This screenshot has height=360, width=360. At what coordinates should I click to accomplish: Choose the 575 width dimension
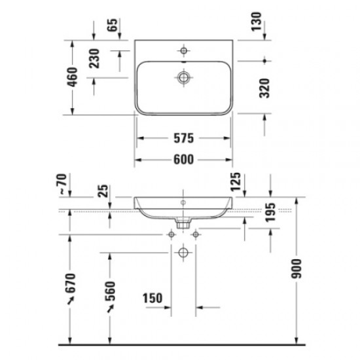pyautogui.click(x=185, y=139)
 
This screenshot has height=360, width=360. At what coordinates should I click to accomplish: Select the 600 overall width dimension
pyautogui.click(x=185, y=159)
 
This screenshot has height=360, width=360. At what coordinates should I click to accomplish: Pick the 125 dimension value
pyautogui.click(x=237, y=183)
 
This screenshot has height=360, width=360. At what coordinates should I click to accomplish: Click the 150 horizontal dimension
pyautogui.click(x=152, y=298)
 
